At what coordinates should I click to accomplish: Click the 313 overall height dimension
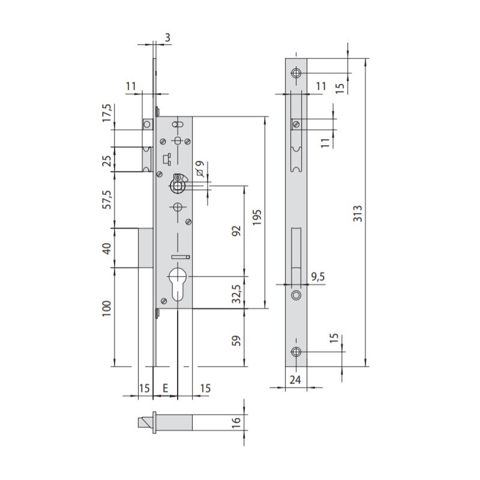[x=358, y=214]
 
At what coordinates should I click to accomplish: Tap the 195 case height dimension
[x=257, y=217]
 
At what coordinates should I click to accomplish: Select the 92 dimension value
[x=236, y=231]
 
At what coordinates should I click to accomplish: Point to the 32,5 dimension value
[x=236, y=294]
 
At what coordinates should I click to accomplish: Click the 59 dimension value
[x=236, y=341]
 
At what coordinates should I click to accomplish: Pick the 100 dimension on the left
[x=107, y=308]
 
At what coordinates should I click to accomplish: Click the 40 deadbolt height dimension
[x=107, y=248]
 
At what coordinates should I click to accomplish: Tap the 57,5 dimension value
[x=107, y=200]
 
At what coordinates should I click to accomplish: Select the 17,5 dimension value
[x=107, y=113]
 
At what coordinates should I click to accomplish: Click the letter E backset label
[x=166, y=388]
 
